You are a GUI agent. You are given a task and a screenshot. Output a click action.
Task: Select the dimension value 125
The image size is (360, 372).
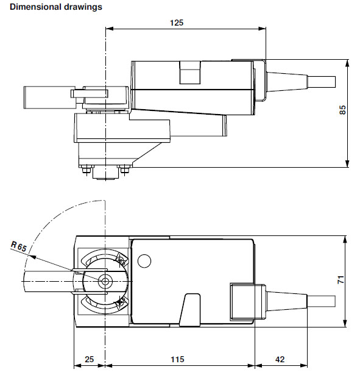click(x=176, y=23)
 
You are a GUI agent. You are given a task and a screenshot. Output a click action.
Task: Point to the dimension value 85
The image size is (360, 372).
click(x=342, y=110)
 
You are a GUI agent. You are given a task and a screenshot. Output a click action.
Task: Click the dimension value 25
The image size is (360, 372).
click(x=90, y=359)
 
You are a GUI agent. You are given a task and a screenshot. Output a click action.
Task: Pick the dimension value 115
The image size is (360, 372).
click(x=177, y=359)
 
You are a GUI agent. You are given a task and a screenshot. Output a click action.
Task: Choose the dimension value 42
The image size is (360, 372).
click(x=280, y=359)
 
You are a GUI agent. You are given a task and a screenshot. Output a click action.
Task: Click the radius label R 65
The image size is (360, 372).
click(x=19, y=247)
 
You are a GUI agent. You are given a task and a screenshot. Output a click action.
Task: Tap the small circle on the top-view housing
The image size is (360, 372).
click(x=144, y=261)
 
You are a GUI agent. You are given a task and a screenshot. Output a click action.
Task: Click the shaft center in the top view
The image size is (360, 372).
click(x=106, y=282)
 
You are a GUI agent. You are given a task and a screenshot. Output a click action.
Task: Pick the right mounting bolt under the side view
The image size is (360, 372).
click(x=125, y=170)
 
